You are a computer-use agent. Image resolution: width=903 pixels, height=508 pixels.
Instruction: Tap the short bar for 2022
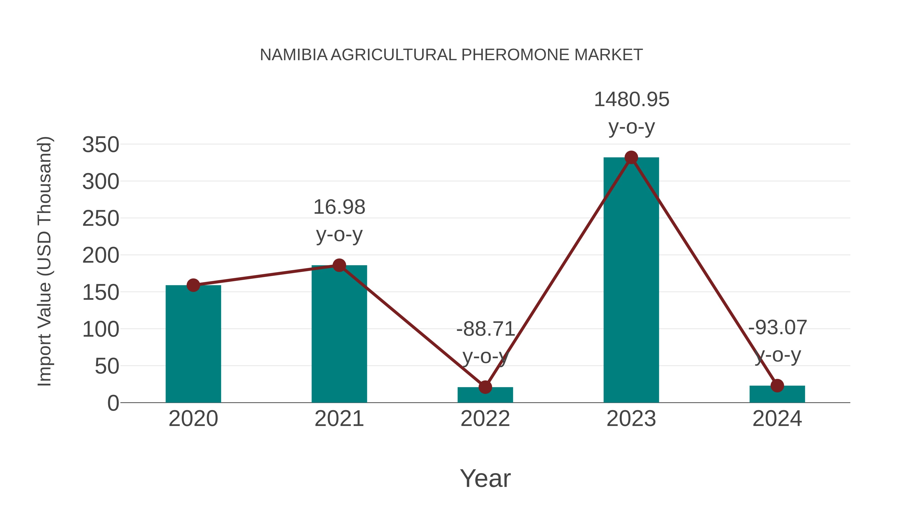(485, 395)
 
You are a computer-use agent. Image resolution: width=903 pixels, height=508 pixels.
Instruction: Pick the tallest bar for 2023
(631, 280)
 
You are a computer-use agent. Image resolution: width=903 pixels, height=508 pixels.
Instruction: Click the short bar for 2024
(777, 394)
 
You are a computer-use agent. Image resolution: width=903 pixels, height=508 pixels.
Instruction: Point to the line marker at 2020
(193, 285)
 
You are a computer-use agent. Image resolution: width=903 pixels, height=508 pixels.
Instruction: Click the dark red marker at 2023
(631, 158)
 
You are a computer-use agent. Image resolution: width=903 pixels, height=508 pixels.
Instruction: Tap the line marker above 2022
(485, 387)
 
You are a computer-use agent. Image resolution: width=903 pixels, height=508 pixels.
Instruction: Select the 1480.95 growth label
(631, 100)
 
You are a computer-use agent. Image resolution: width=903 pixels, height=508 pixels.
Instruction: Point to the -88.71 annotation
(485, 329)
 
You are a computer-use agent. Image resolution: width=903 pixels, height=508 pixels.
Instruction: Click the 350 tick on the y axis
(101, 144)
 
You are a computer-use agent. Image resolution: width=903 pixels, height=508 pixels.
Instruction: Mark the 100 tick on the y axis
(101, 330)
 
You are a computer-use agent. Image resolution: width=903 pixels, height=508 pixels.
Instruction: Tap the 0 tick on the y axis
(113, 403)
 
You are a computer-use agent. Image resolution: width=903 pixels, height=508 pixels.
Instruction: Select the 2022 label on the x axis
(485, 419)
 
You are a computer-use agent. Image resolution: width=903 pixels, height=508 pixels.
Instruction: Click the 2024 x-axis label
(777, 419)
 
